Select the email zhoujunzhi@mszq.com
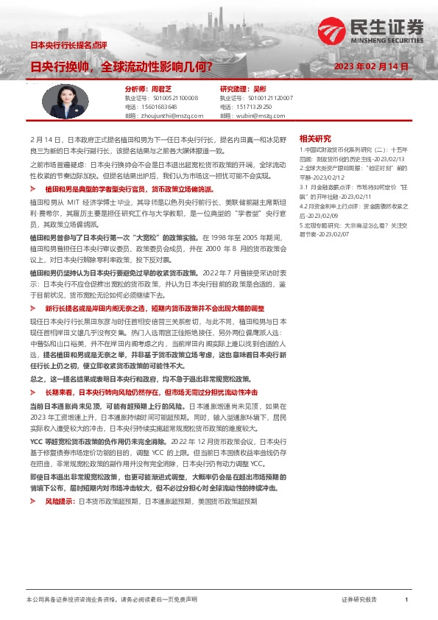tap(169, 116)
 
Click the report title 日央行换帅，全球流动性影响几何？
tap(121, 66)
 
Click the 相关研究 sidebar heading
tap(315, 138)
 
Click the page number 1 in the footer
tap(406, 600)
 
